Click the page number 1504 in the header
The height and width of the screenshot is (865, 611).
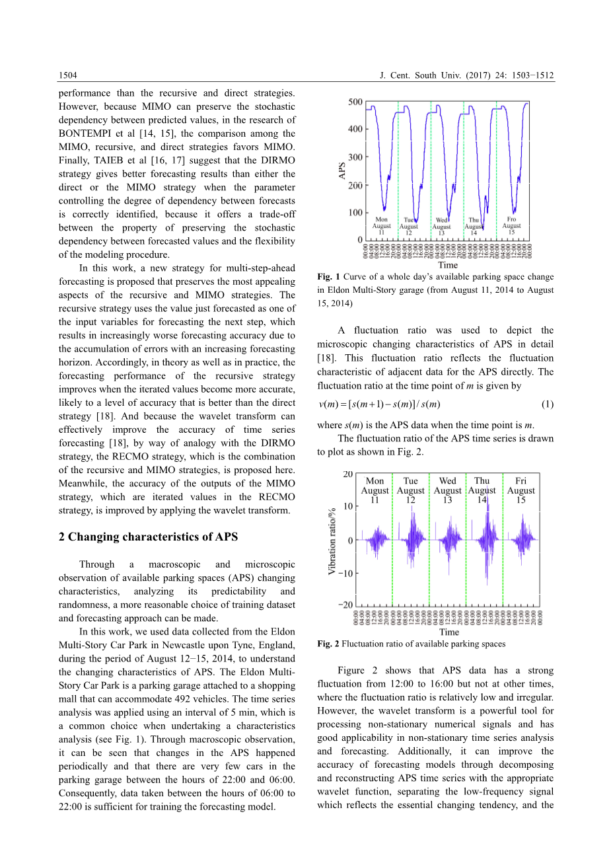pyautogui.click(x=67, y=75)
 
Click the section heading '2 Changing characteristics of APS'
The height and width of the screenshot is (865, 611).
pyautogui.click(x=148, y=537)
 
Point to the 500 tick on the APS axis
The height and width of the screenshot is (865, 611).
pyautogui.click(x=355, y=102)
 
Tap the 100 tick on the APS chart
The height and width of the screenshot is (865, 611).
pyautogui.click(x=355, y=213)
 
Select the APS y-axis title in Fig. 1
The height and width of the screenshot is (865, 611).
pyautogui.click(x=341, y=171)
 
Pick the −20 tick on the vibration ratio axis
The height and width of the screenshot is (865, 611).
pyautogui.click(x=345, y=605)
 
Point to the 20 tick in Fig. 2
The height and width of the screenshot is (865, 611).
pyautogui.click(x=347, y=474)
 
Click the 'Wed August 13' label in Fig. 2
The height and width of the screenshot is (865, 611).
pyautogui.click(x=447, y=490)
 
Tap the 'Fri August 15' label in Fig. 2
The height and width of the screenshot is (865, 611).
pyautogui.click(x=521, y=490)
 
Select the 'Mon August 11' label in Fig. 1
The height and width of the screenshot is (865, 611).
pyautogui.click(x=381, y=226)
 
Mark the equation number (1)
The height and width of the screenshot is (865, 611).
pyautogui.click(x=547, y=404)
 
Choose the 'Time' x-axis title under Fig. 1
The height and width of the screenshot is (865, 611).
pyautogui.click(x=448, y=265)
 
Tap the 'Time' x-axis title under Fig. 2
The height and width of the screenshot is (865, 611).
pyautogui.click(x=449, y=632)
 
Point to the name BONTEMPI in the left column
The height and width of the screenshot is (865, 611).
pyautogui.click(x=85, y=133)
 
